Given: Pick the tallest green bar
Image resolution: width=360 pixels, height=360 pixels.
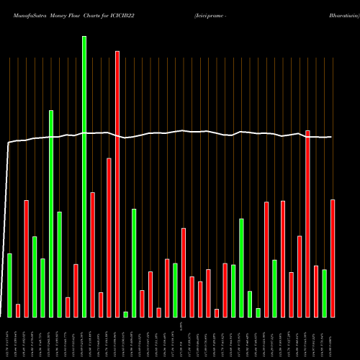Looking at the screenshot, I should click(x=84, y=176).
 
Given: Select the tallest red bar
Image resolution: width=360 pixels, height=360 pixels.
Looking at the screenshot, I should click(x=117, y=184).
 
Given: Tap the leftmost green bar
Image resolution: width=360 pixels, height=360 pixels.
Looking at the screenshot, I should click(x=9, y=285).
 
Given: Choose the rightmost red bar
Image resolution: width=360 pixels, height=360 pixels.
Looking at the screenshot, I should click(x=333, y=258).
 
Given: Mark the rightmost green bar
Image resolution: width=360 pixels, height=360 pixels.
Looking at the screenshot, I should click(x=324, y=293).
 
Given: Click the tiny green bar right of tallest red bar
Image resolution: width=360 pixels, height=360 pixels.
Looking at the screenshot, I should click(x=125, y=314).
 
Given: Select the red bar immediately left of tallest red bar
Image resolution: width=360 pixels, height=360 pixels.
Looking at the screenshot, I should click(x=109, y=238).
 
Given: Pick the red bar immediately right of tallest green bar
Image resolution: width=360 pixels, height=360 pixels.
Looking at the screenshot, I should click(x=92, y=254).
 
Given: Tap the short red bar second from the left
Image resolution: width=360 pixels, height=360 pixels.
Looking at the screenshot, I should click(x=18, y=310).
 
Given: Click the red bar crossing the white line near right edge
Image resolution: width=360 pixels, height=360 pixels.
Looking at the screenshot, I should click(x=307, y=223).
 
